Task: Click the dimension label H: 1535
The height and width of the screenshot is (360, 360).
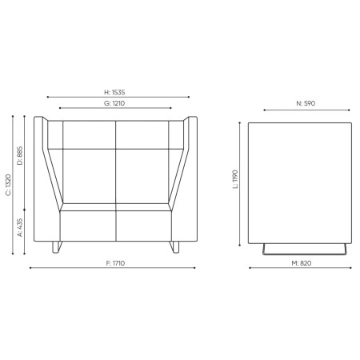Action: pyautogui.click(x=118, y=93)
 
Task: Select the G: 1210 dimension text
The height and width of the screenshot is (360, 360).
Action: pyautogui.click(x=118, y=103)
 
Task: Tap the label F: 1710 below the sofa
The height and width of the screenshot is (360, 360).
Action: pyautogui.click(x=118, y=263)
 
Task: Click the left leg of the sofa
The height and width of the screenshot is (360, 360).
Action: pyautogui.click(x=54, y=246)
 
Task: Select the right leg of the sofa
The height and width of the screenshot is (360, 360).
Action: pyautogui.click(x=178, y=246)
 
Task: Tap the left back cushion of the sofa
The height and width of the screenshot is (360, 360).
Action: pyautogui.click(x=90, y=168)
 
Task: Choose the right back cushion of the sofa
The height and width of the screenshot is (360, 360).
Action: pyautogui.click(x=144, y=168)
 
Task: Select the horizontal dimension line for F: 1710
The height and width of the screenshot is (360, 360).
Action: pyautogui.click(x=118, y=270)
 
